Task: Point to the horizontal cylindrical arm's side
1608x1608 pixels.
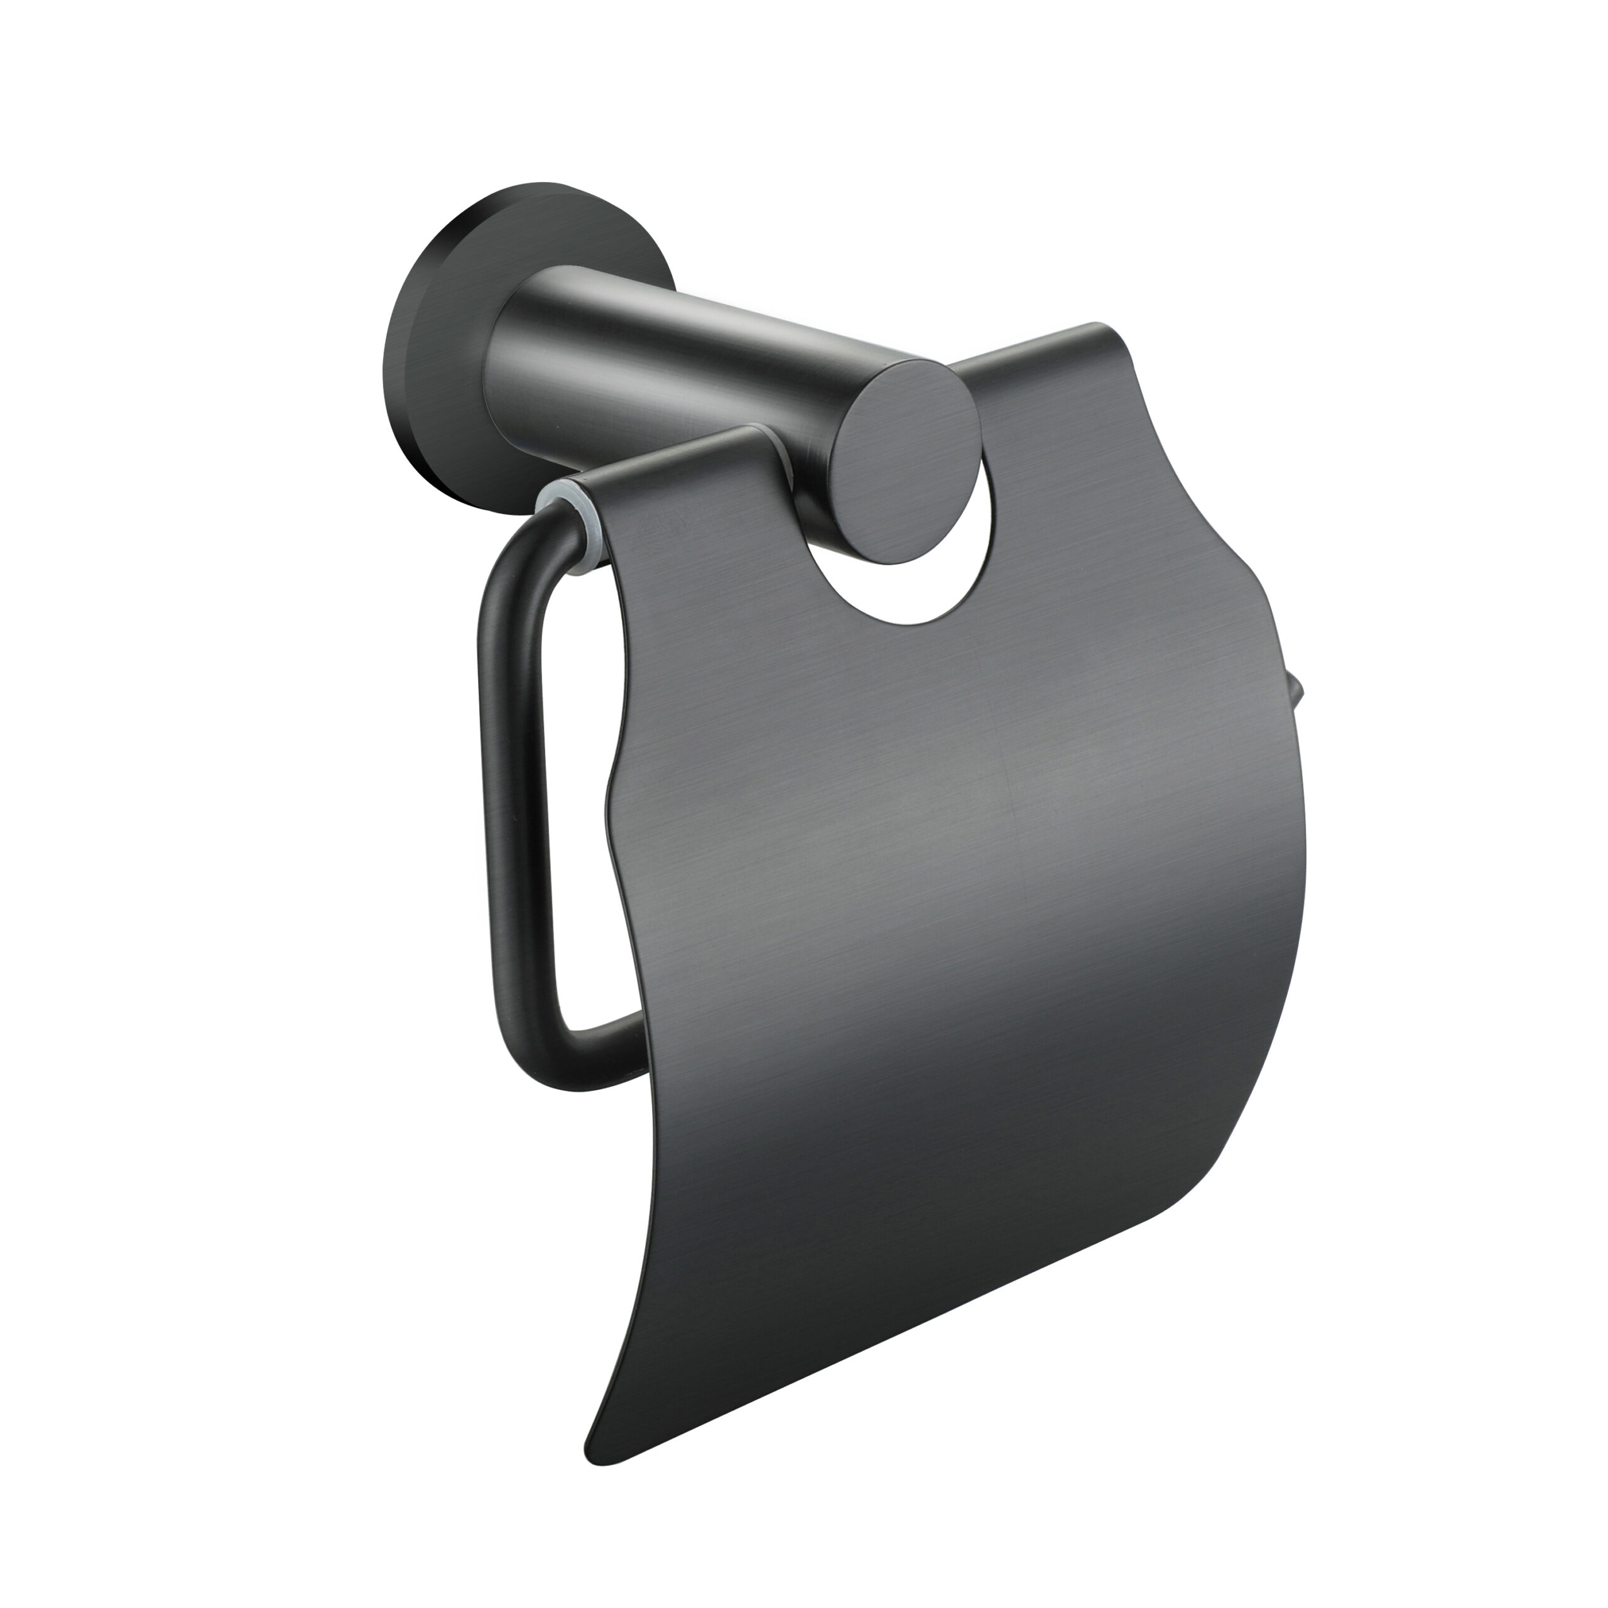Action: [666, 350]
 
